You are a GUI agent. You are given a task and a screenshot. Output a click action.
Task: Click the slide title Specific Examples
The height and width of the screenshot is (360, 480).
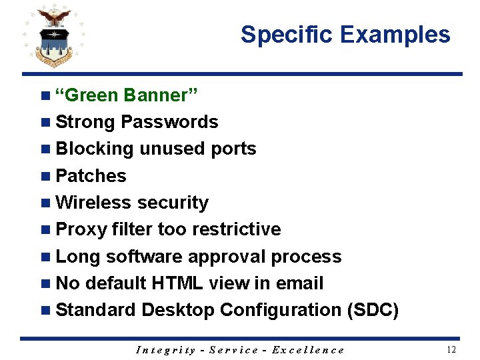[345, 35]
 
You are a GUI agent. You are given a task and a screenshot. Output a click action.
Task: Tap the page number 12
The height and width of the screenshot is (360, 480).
[451, 350]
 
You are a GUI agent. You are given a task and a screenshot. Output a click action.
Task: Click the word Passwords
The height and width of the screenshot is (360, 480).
[170, 122]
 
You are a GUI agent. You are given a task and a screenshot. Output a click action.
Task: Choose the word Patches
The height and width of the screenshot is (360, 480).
[91, 176]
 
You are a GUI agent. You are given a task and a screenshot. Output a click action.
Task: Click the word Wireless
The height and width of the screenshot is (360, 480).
[93, 203]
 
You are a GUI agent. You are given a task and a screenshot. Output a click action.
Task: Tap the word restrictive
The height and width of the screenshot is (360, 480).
[236, 229]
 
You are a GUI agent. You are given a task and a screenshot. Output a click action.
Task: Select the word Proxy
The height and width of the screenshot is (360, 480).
[81, 229]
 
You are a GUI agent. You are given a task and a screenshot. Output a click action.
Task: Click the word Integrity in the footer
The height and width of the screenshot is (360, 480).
[165, 350]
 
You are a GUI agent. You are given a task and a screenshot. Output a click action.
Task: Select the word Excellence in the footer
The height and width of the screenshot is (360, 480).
[308, 350]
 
